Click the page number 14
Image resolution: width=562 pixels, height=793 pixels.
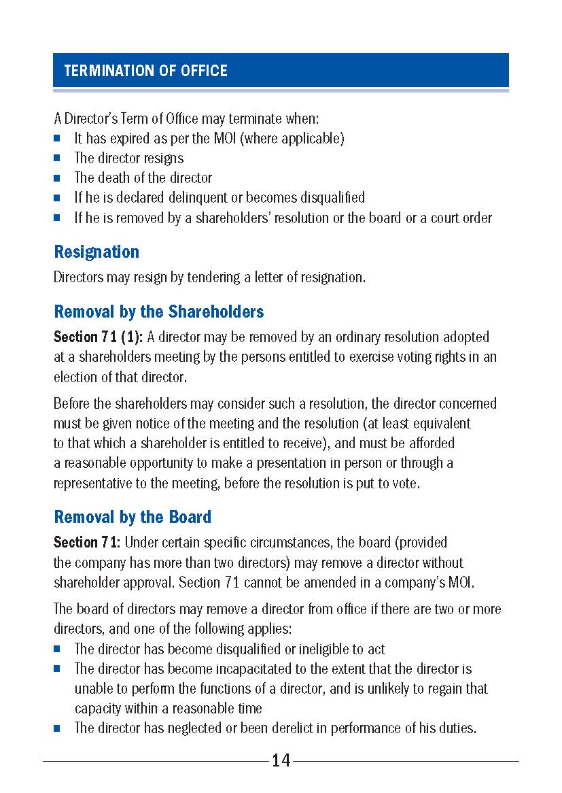click(x=281, y=761)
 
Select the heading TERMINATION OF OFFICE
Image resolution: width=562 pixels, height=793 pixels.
click(x=145, y=71)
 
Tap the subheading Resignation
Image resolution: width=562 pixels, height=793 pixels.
click(x=96, y=252)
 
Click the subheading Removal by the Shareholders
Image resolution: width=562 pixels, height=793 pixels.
click(x=158, y=311)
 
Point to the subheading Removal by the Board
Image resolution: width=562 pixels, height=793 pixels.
click(x=133, y=517)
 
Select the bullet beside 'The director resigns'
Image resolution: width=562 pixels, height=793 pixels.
click(x=58, y=158)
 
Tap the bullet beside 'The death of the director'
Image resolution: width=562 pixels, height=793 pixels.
click(x=58, y=178)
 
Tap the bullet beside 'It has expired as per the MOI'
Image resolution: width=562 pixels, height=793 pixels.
click(x=58, y=139)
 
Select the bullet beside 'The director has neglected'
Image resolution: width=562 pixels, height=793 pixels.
click(x=58, y=728)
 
